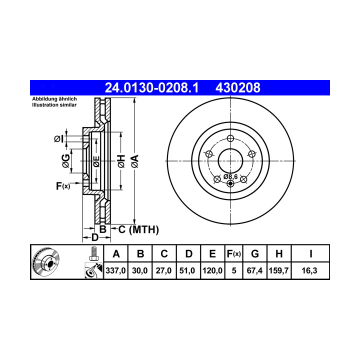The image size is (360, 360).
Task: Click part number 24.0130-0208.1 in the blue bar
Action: point(151,87)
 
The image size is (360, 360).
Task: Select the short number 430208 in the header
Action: point(238,87)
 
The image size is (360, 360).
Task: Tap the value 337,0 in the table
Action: point(115,270)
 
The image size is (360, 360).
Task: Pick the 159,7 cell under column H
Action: point(278,270)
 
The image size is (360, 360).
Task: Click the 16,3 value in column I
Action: point(309,270)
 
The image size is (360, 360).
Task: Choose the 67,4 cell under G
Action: point(254,270)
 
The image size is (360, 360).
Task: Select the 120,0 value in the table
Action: point(212,270)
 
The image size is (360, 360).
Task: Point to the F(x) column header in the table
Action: point(233,254)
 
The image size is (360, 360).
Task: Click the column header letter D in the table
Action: point(188,254)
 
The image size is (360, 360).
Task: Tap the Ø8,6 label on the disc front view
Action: point(230,177)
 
